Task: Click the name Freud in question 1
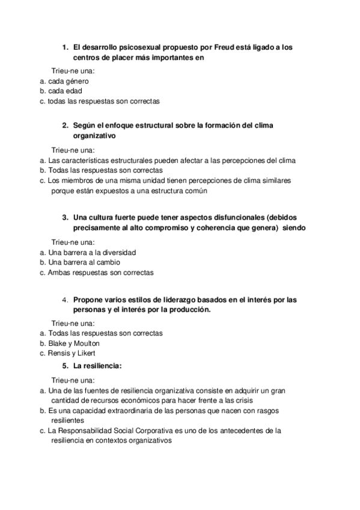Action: [x=225, y=46]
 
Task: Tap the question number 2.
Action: [x=66, y=125]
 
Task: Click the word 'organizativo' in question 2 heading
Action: [x=94, y=136]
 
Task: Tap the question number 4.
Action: [x=66, y=299]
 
